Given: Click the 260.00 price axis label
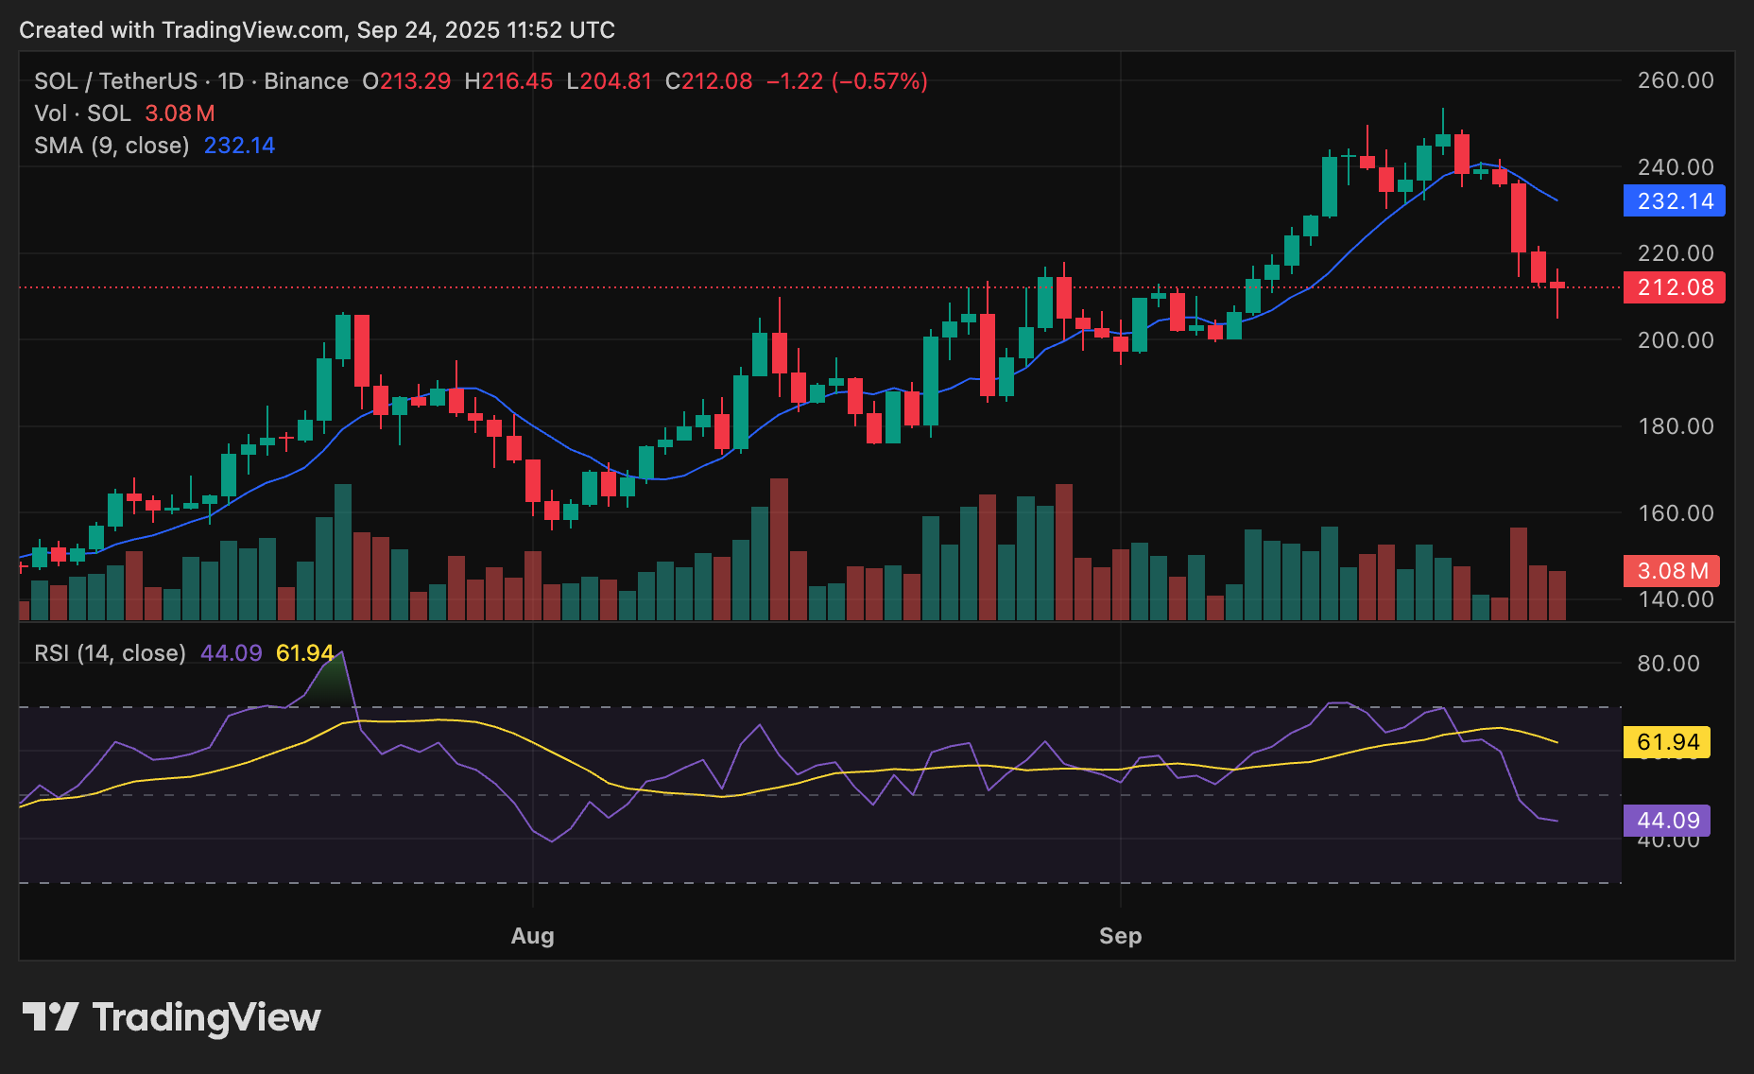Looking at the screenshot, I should [1675, 80].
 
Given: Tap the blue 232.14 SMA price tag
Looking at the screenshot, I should [1674, 201].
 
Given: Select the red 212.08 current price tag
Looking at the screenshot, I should [1674, 287].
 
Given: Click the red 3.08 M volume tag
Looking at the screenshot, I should [1671, 571].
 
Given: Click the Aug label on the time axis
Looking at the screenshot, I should [532, 936].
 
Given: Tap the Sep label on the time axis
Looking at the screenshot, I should [1120, 936].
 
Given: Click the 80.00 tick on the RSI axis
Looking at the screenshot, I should [1668, 664].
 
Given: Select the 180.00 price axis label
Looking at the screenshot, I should [1675, 426].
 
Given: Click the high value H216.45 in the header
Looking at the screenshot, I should [508, 81].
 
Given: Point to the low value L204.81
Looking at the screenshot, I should [609, 81].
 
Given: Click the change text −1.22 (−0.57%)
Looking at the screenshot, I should [847, 81].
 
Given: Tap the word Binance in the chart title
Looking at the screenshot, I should [306, 81].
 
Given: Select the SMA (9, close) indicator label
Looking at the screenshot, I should [112, 146].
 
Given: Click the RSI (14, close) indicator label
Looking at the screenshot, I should [110, 653].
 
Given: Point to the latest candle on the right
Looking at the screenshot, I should [1556, 286].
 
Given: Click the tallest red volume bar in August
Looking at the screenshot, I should [779, 548].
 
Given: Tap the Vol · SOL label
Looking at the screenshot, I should [82, 113].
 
